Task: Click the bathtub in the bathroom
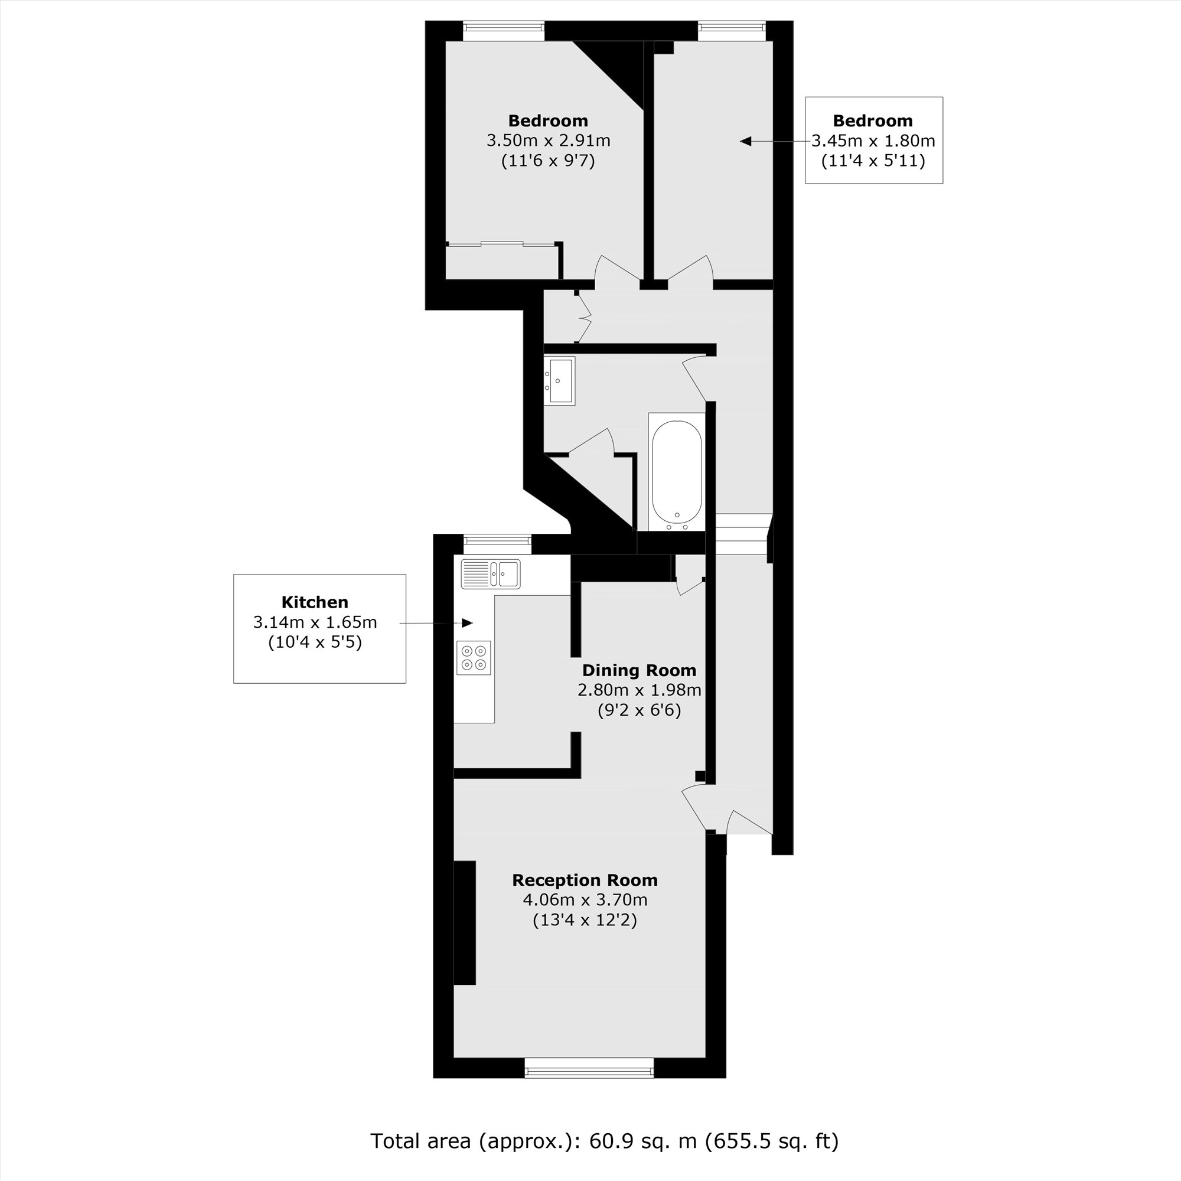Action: tap(677, 471)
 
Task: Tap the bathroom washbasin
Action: tap(560, 380)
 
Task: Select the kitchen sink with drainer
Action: tap(491, 574)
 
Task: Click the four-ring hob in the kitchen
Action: tap(474, 658)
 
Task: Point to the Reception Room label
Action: tap(585, 880)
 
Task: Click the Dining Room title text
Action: tap(639, 670)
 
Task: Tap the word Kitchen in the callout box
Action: tap(315, 602)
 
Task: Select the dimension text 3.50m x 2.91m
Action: tap(549, 141)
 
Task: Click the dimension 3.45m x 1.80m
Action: tap(873, 141)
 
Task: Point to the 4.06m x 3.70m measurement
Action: tap(585, 900)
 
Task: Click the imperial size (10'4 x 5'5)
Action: tap(315, 642)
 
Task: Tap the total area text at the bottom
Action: tap(604, 1141)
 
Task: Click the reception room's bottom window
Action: tap(589, 1068)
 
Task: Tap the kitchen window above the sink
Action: tap(498, 540)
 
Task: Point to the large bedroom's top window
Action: tap(503, 31)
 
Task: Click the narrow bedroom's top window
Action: tap(732, 31)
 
